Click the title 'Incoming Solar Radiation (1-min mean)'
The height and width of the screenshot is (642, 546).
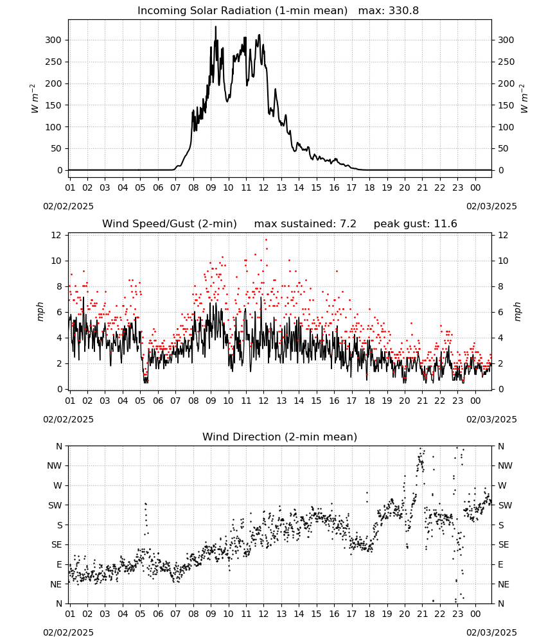click(242, 11)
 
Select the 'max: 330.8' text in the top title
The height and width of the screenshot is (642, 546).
click(389, 11)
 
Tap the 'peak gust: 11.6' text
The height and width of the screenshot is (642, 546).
click(416, 224)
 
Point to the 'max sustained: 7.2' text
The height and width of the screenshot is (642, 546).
click(305, 224)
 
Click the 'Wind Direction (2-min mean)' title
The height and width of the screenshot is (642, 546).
click(280, 437)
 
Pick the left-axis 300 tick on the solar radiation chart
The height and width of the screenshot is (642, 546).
click(53, 40)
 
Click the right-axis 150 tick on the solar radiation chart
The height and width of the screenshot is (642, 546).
click(506, 105)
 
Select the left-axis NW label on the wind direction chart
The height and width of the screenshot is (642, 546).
click(55, 466)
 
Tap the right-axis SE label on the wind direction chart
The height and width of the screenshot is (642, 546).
click(504, 545)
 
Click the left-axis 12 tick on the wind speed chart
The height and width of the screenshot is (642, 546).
click(56, 236)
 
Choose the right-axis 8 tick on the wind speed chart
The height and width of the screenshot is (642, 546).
click(500, 286)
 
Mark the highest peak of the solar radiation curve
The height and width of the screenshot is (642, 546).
click(216, 26)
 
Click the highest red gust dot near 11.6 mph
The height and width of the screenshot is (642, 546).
click(266, 240)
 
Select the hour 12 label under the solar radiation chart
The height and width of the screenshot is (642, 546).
click(263, 188)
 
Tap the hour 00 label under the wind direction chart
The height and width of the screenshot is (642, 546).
click(475, 614)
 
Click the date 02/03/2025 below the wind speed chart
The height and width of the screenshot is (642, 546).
click(491, 420)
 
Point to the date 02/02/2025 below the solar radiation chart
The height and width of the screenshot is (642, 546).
click(68, 206)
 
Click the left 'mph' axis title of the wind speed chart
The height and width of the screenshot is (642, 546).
click(40, 312)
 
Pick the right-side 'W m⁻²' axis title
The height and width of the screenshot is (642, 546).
click(524, 99)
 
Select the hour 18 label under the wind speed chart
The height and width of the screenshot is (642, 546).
click(369, 401)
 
